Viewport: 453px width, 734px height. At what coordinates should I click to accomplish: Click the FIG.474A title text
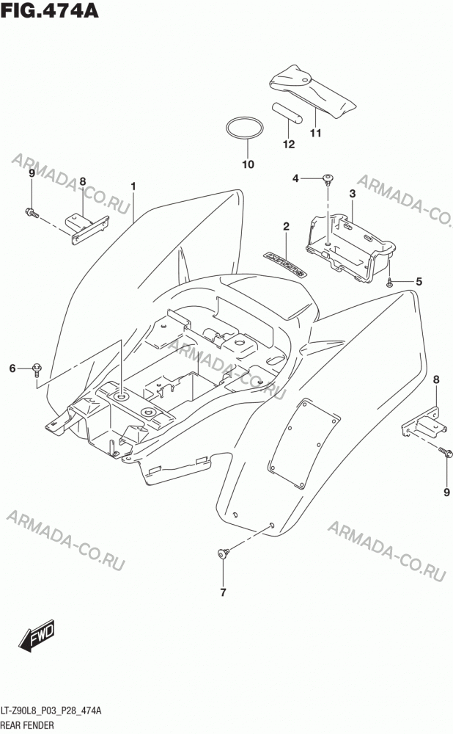50,10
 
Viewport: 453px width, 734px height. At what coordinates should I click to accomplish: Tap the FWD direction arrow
37,638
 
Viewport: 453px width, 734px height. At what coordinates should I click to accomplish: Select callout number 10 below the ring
248,164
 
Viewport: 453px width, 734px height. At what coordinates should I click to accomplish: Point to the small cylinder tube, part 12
287,113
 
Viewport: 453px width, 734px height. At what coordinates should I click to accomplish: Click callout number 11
315,133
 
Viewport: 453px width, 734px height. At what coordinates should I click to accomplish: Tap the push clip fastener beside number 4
329,179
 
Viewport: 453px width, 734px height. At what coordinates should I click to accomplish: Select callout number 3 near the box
353,193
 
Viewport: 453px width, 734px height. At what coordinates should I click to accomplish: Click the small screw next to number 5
389,282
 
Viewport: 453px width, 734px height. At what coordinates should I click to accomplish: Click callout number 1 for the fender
133,186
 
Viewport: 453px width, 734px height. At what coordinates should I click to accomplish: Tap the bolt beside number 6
37,369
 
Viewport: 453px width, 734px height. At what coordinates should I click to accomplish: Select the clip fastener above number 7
224,553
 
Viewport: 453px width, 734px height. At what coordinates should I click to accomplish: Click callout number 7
223,592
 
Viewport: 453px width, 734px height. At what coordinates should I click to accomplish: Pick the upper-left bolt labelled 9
32,214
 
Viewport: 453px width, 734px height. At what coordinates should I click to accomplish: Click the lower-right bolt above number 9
446,451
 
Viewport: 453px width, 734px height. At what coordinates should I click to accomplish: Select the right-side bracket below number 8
421,424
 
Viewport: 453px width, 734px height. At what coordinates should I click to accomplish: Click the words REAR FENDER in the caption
28,725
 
